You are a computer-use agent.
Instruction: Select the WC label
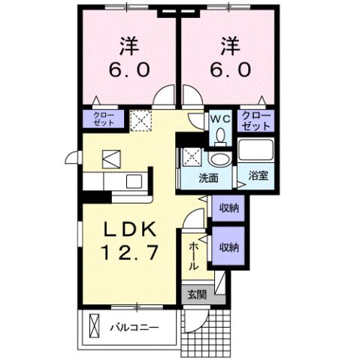(x=219, y=118)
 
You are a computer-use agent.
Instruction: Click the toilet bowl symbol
(x=220, y=135)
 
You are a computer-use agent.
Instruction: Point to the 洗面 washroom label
(x=208, y=178)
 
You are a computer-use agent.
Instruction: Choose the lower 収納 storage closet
(x=229, y=247)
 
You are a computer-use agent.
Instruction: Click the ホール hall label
(x=193, y=255)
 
